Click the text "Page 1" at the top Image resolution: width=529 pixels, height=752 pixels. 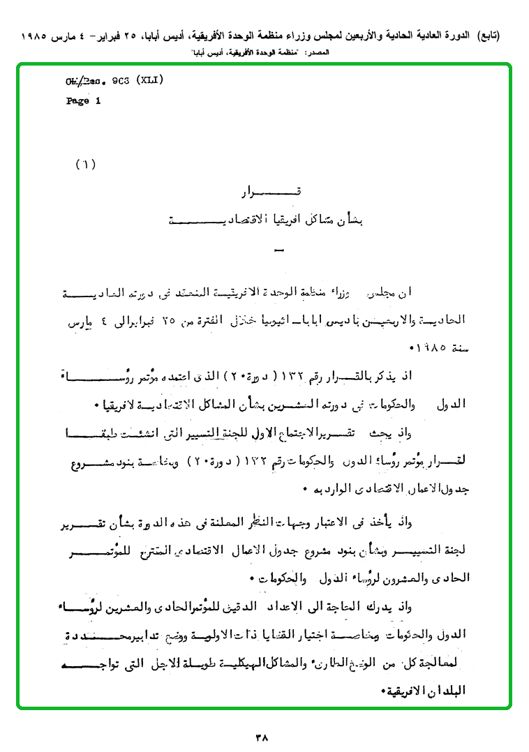tap(84, 100)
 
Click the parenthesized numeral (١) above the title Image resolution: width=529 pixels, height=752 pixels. tap(85, 165)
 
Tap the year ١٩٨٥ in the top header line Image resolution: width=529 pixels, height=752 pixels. tap(39, 35)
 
